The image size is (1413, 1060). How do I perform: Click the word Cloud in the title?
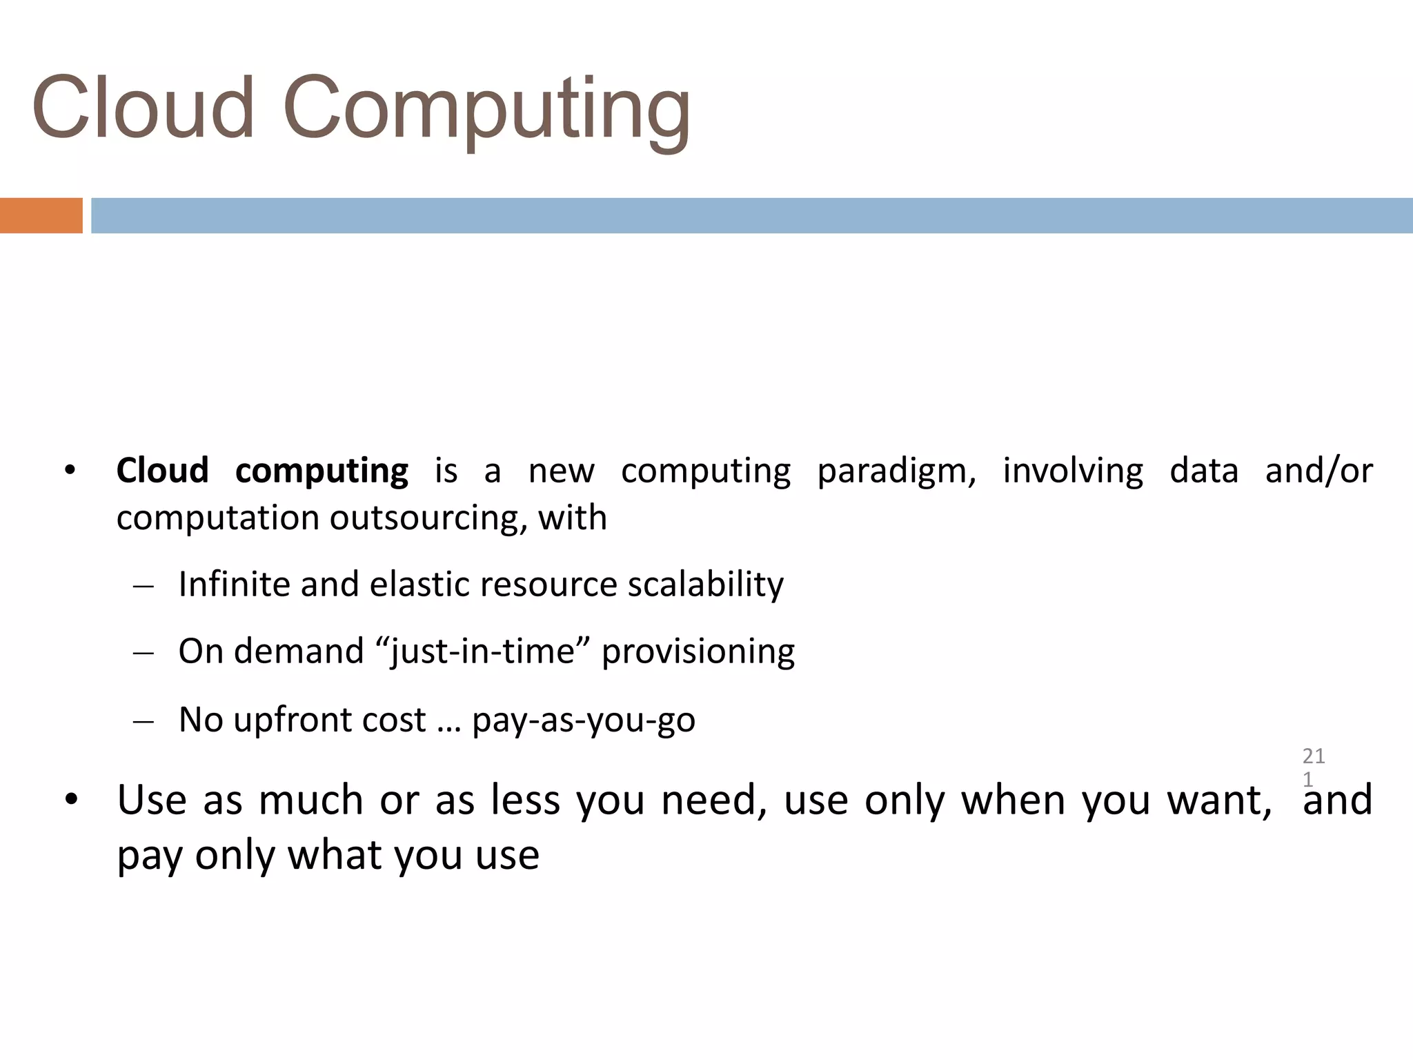click(x=143, y=108)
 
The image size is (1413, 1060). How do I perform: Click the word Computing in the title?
click(x=486, y=110)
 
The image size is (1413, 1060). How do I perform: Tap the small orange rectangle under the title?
click(x=41, y=215)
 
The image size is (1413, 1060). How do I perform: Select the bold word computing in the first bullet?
click(x=322, y=472)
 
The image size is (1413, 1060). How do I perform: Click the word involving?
click(x=1073, y=472)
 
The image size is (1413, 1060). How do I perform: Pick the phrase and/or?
click(x=1318, y=472)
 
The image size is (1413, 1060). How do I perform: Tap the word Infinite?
click(x=233, y=584)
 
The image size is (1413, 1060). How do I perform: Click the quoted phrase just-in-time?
click(x=482, y=652)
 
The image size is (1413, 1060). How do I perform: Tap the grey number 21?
click(x=1314, y=756)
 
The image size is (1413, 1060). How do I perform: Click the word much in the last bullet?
click(x=310, y=801)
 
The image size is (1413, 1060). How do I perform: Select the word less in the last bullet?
click(x=525, y=801)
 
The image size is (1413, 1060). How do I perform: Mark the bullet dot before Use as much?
click(x=70, y=801)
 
